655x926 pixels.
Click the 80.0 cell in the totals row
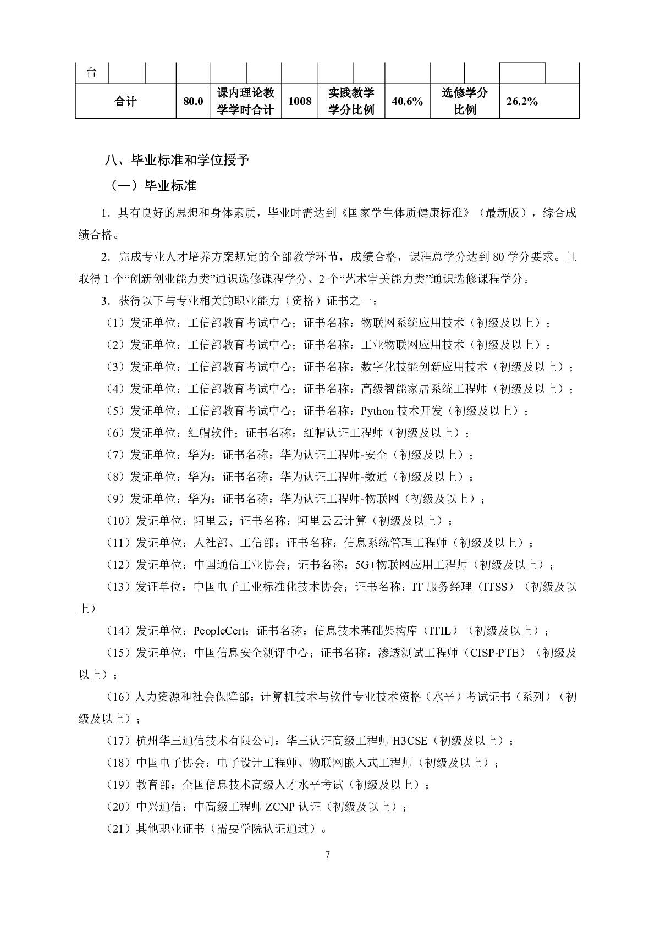click(x=192, y=101)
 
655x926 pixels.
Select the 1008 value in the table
click(x=300, y=101)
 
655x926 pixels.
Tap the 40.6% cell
click(x=407, y=101)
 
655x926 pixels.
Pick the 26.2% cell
click(x=522, y=101)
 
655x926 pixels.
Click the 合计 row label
click(x=125, y=101)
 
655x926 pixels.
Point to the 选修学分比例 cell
click(x=465, y=101)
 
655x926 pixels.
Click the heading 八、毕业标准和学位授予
click(x=177, y=160)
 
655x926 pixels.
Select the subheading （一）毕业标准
click(x=154, y=186)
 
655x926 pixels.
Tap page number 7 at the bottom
click(x=328, y=855)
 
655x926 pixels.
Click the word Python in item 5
click(x=377, y=411)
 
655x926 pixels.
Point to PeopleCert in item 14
click(x=219, y=631)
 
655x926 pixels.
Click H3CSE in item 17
click(x=409, y=741)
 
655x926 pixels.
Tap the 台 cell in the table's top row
click(x=92, y=73)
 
